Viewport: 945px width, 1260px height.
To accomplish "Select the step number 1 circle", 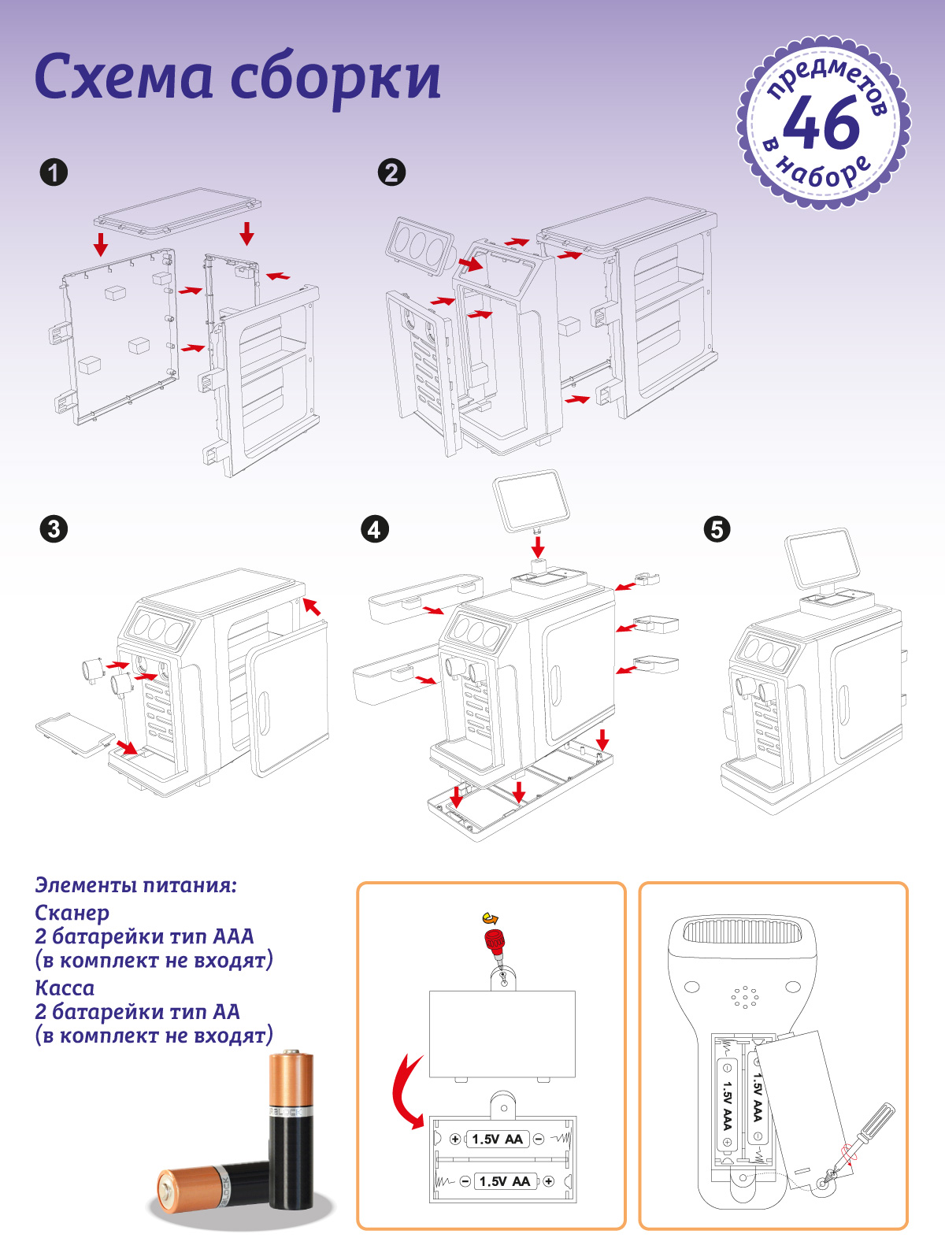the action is pos(54,172).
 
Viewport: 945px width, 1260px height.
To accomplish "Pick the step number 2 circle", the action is pos(391,172).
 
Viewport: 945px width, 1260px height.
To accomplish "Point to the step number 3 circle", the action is pos(54,528).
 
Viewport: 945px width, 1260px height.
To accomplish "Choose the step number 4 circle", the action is pos(374,528).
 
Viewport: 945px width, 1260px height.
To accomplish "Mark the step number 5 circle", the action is pos(717,528).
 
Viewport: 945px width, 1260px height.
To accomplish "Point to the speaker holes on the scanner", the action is pos(744,998).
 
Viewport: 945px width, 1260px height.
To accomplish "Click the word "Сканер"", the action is pos(72,913).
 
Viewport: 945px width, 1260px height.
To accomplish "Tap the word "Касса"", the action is pos(65,988).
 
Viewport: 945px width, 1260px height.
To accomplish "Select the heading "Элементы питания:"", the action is pos(135,885).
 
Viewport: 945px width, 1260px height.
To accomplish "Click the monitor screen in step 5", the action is pos(822,559).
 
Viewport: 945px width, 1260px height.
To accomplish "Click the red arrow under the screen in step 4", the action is pos(538,546).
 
